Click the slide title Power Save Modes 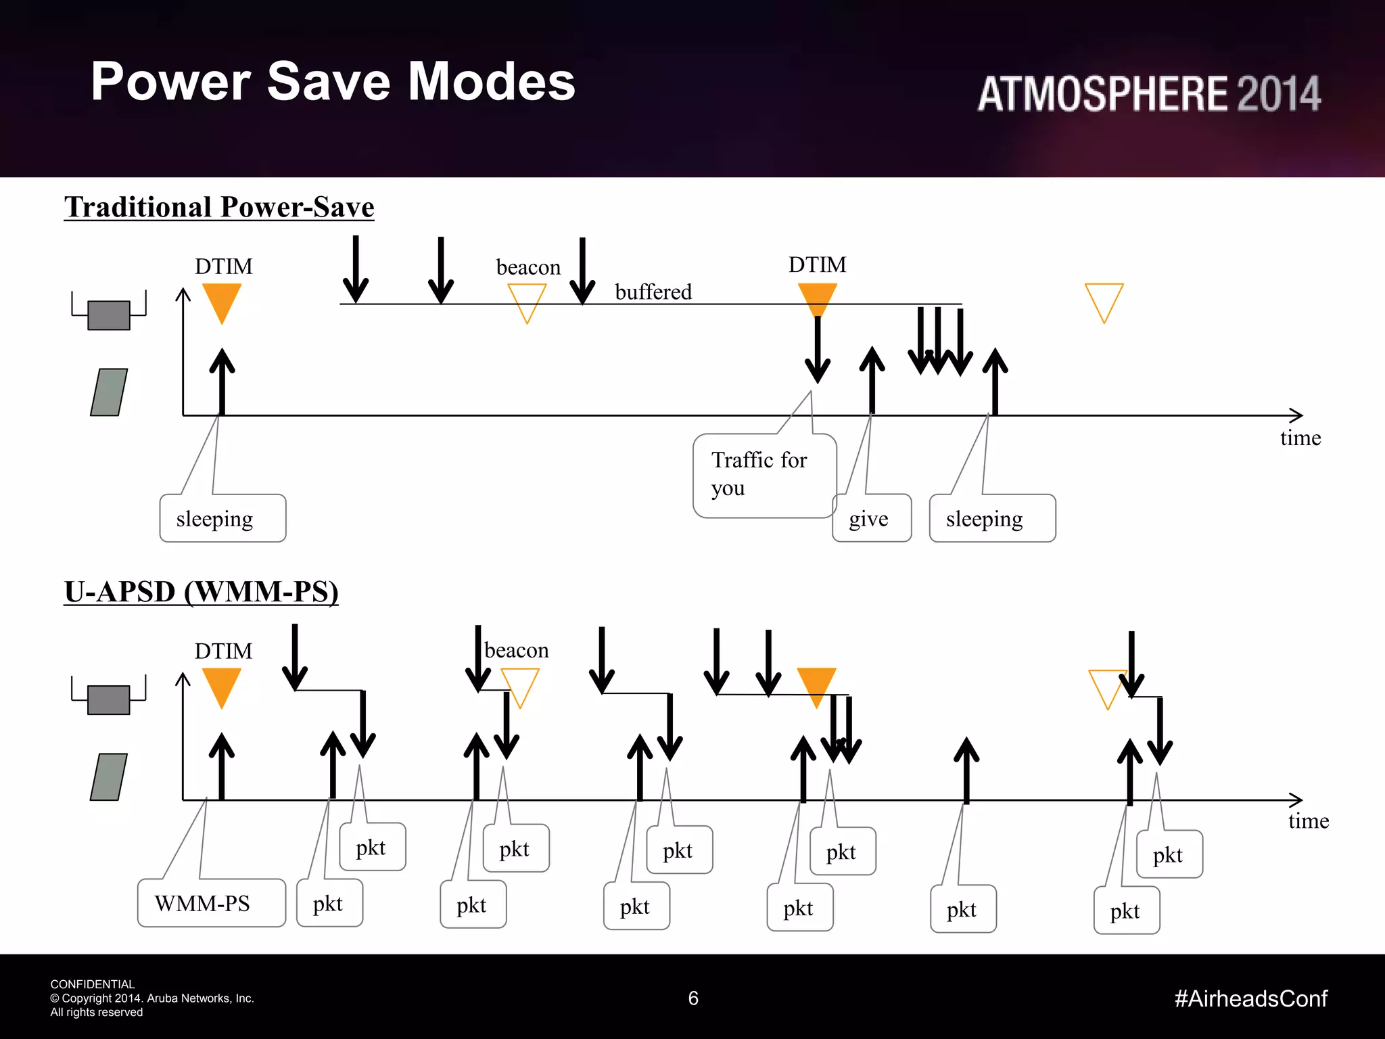coord(333,82)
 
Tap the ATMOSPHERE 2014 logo coord(1148,93)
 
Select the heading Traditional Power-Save coord(219,207)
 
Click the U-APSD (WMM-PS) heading coord(201,592)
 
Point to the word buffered coord(653,292)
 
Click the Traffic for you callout coord(764,476)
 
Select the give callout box coord(872,519)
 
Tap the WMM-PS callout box coord(211,903)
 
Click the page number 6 coord(693,998)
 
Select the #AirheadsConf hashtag coord(1250,998)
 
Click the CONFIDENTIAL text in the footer coord(93,984)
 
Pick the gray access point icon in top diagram coord(109,315)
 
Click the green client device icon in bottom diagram coord(109,777)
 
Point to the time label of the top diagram coord(1300,438)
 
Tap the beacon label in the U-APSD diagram coord(517,651)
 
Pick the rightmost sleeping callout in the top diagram coord(991,519)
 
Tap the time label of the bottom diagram coord(1308,821)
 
